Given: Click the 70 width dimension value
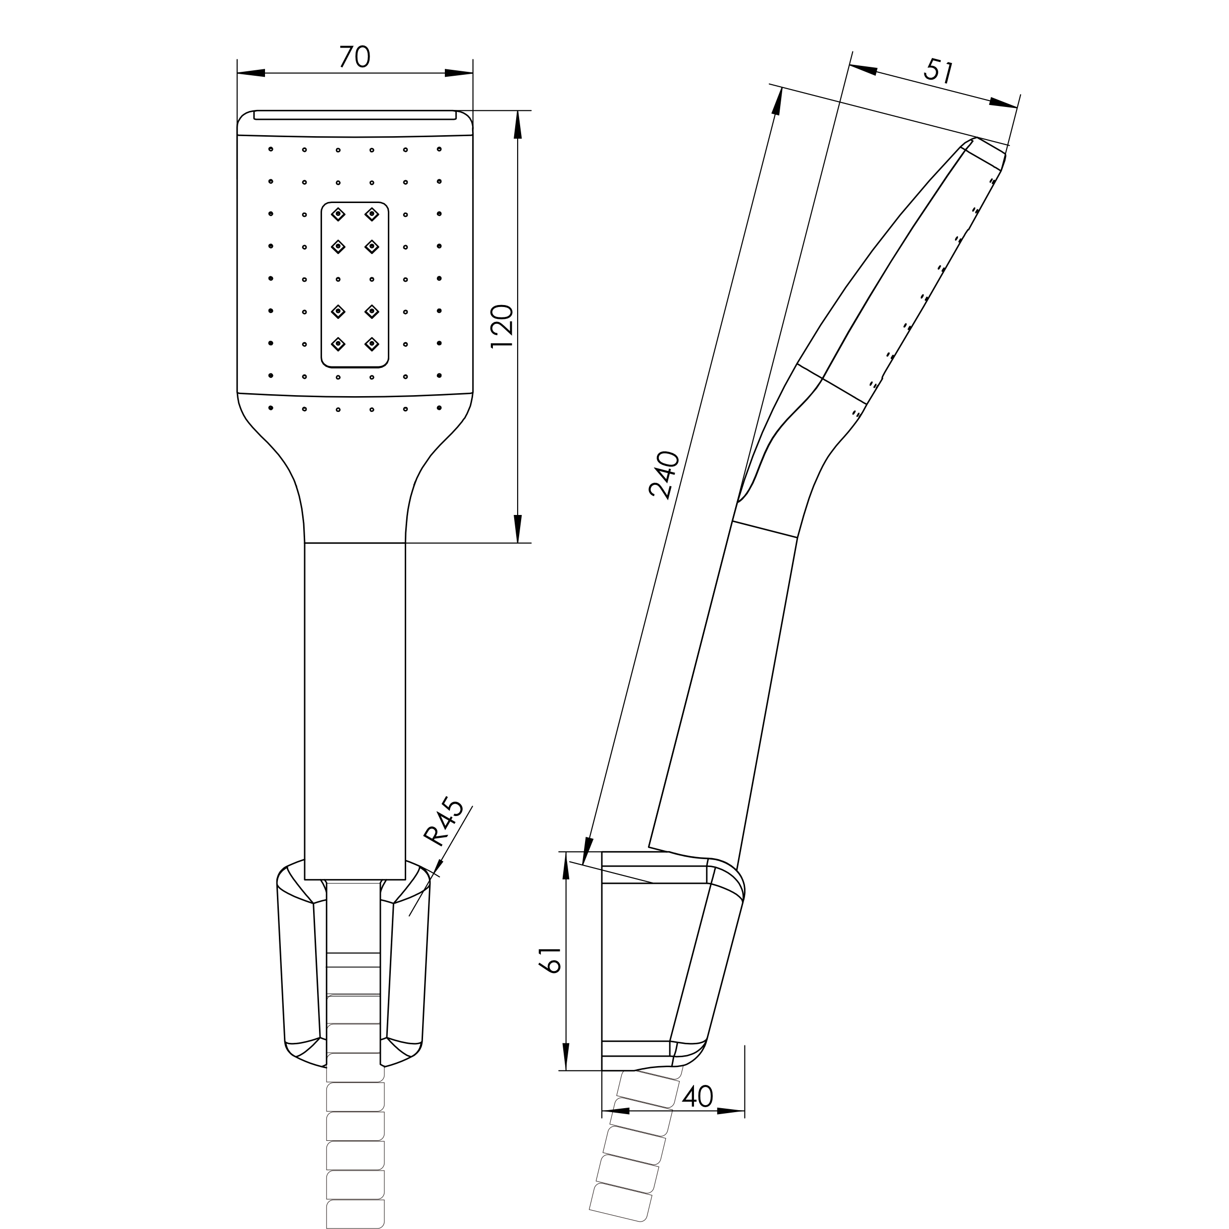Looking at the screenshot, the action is (x=355, y=56).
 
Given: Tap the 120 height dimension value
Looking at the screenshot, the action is (x=503, y=326).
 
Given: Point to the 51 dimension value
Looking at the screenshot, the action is (x=939, y=71).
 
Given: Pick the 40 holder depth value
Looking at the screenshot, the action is (x=697, y=1096).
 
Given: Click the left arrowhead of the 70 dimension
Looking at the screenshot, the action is (x=251, y=73).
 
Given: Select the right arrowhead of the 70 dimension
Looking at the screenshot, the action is (x=459, y=73).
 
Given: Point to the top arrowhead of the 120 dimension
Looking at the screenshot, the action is (x=518, y=125).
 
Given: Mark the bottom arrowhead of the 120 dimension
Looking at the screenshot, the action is (x=518, y=529).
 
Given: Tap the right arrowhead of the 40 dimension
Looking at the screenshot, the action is (x=731, y=1111).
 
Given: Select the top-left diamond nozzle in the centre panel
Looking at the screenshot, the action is (x=338, y=214).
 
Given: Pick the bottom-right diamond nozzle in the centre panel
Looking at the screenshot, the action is (x=372, y=344).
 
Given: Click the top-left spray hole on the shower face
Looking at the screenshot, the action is (x=271, y=150).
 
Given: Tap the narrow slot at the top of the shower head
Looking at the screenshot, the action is (x=355, y=115).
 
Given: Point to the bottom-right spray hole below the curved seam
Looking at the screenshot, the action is (x=439, y=408).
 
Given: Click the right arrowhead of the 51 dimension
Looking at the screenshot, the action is (x=1004, y=103).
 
